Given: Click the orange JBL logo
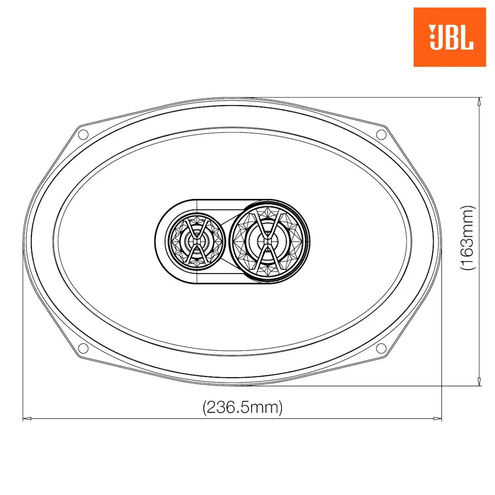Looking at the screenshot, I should click(x=449, y=37).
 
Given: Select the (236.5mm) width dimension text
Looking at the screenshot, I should click(x=242, y=407).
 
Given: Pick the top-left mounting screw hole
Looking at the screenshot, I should click(x=83, y=135).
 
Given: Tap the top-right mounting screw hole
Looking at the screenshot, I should click(x=381, y=134).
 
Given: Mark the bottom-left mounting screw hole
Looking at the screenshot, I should click(x=83, y=348).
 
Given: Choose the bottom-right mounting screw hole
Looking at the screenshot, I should click(x=381, y=348).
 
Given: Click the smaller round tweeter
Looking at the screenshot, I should click(x=196, y=242).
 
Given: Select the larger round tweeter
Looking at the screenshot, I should click(x=269, y=242).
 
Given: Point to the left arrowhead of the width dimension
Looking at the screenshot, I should click(x=26, y=418).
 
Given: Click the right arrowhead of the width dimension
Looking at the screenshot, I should click(x=438, y=418).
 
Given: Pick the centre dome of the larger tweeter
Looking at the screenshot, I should click(x=268, y=238).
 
